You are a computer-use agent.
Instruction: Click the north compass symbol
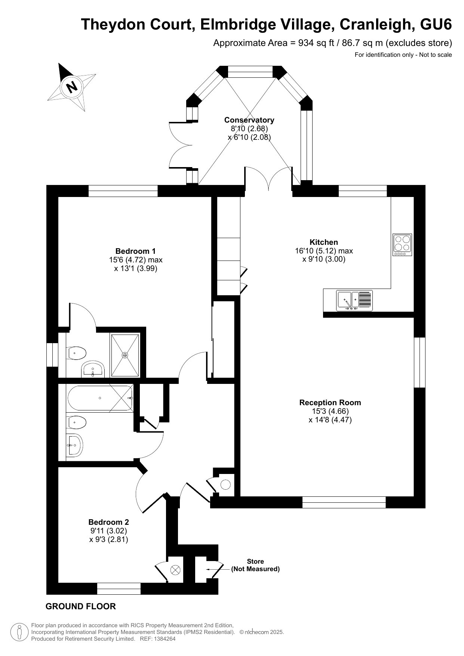coord(71,87)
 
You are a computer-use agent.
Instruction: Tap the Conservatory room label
coord(249,120)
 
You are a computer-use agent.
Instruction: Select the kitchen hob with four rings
coord(402,245)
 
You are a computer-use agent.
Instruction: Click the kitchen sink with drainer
coord(354,301)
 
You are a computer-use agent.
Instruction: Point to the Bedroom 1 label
coord(135,251)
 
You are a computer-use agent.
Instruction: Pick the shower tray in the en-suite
coord(125,355)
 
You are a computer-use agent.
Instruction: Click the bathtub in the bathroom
coord(100,398)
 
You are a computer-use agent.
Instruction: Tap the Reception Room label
coord(330,403)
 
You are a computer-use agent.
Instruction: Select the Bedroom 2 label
coord(109,522)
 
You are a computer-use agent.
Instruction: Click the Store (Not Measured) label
coord(255,565)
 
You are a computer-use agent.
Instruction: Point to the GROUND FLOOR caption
coord(81,606)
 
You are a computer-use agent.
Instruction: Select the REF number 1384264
coord(163,639)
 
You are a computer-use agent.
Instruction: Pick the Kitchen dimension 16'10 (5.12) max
coord(324,251)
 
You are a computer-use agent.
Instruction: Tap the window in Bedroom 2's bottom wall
coord(119,588)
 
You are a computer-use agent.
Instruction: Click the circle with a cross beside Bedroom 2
coord(175,570)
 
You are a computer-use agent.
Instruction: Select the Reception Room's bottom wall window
coord(344,502)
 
